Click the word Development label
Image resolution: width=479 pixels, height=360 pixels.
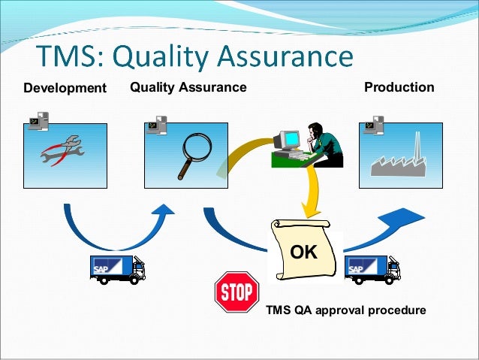pyautogui.click(x=65, y=89)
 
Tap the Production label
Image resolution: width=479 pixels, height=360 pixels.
pyautogui.click(x=399, y=87)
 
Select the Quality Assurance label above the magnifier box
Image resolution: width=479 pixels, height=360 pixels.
pyautogui.click(x=188, y=87)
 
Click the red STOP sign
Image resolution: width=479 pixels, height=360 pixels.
pyautogui.click(x=236, y=292)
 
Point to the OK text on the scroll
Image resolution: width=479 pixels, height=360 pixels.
pyautogui.click(x=304, y=253)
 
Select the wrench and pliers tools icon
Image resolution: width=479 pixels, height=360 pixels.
pyautogui.click(x=64, y=150)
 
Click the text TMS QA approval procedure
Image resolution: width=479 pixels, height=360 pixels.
pyautogui.click(x=346, y=310)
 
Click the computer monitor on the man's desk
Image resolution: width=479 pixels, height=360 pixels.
pyautogui.click(x=289, y=141)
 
